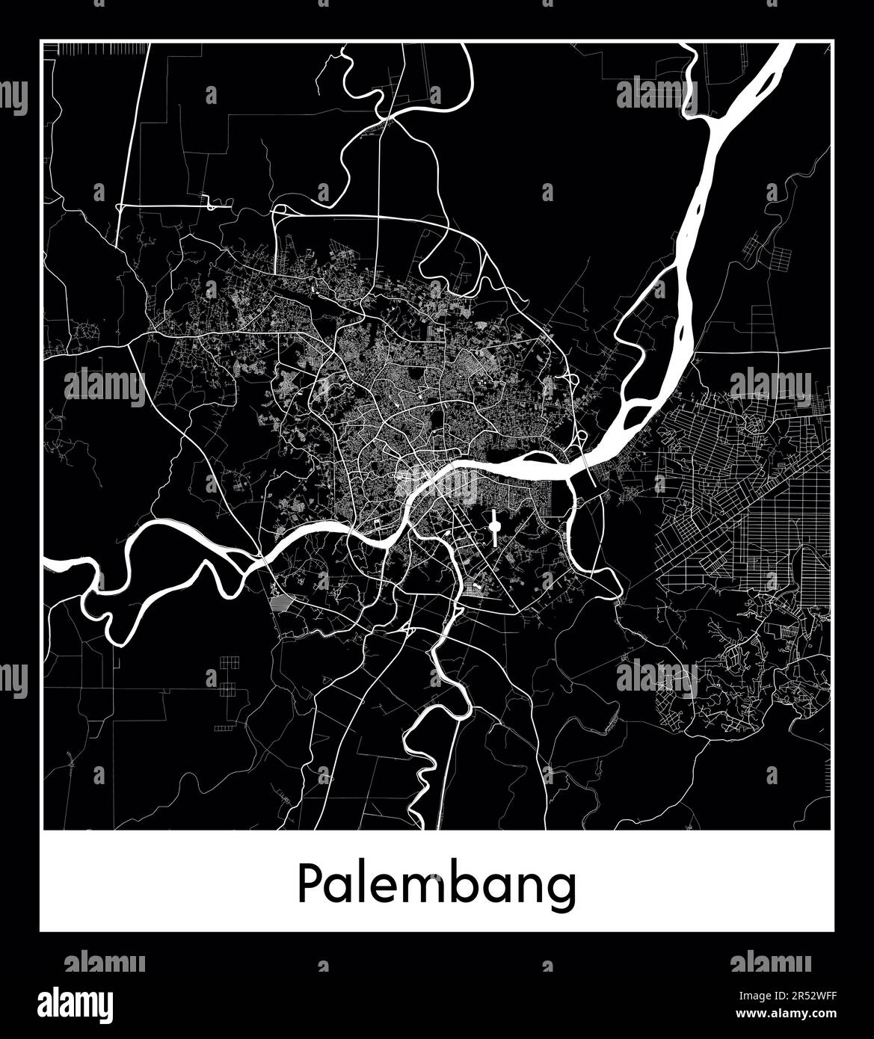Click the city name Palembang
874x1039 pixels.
(437, 887)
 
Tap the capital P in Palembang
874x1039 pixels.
(310, 884)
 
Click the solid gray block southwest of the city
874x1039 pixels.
(283, 602)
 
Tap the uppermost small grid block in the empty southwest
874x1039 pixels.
(229, 661)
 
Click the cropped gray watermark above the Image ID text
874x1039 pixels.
(771, 961)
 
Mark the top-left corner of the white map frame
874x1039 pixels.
(41, 41)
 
